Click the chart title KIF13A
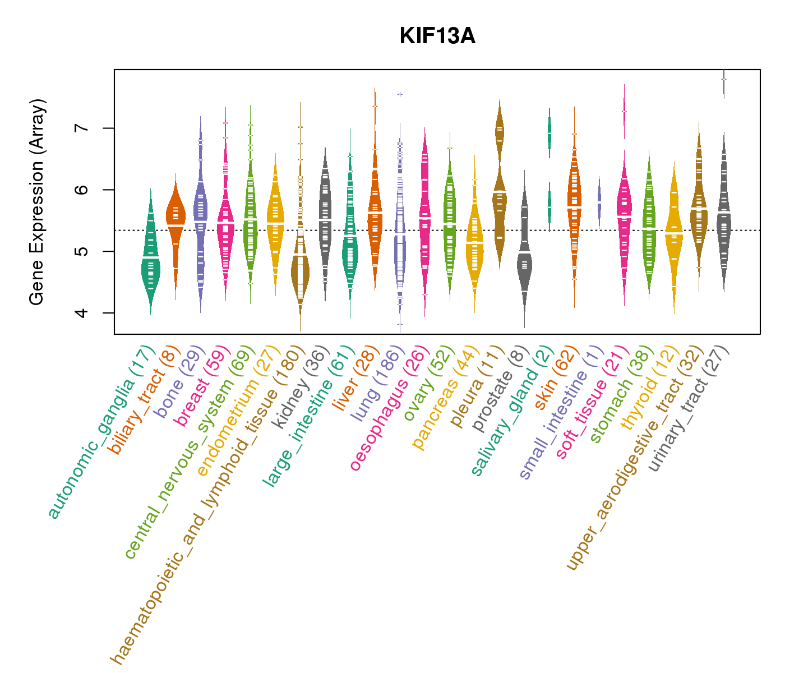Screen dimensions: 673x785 click(437, 36)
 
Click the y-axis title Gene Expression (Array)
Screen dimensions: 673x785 click(37, 202)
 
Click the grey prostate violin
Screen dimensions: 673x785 click(524, 264)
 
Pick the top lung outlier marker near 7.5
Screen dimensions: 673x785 click(400, 94)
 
